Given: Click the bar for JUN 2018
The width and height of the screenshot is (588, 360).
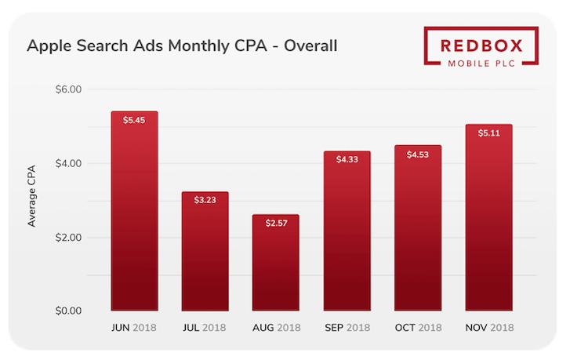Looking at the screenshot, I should (134, 212).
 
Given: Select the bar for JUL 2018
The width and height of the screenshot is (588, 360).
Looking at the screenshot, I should (205, 251).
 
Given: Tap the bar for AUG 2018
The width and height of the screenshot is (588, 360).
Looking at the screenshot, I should (275, 263).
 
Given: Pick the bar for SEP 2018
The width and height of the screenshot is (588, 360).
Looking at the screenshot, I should (347, 231).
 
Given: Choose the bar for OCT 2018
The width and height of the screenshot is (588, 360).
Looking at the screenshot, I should (417, 227).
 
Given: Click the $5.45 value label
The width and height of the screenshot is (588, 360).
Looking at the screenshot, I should (134, 120).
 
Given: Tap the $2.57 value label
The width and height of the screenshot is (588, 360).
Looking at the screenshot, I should (275, 224).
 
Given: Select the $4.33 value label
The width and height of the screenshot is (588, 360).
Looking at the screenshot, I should (347, 160).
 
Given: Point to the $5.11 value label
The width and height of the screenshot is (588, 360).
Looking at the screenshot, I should (488, 133).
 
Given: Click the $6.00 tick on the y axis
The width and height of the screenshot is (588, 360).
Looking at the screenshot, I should (68, 89).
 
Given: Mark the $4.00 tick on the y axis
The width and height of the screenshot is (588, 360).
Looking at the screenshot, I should (68, 163).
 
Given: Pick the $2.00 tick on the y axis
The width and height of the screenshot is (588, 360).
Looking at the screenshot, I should (68, 237).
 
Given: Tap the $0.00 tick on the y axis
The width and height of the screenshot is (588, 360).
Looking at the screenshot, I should (68, 311).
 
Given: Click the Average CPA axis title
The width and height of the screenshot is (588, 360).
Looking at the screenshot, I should (32, 200).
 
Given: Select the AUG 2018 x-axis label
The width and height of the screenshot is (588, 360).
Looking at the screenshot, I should (275, 329).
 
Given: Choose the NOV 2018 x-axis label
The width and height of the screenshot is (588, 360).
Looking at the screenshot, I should (488, 329).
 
